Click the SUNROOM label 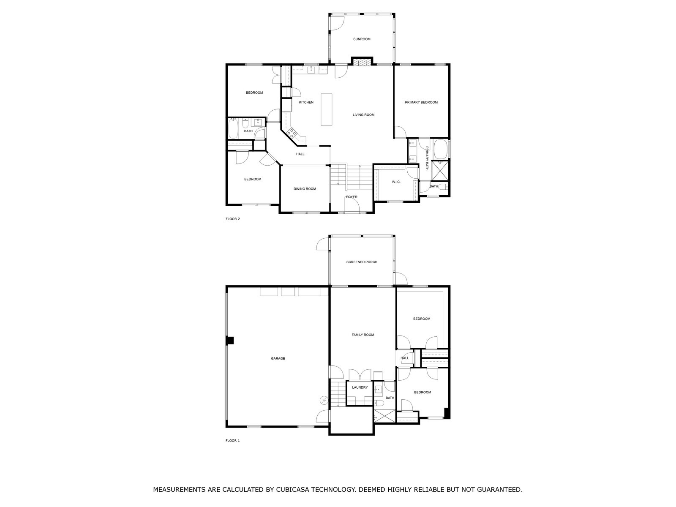click(x=362, y=39)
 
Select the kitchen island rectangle click(x=326, y=109)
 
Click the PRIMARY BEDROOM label click(x=421, y=102)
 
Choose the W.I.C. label click(x=396, y=182)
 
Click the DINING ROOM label click(x=305, y=189)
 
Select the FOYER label click(x=352, y=197)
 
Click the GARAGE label click(x=278, y=359)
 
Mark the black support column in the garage click(x=230, y=341)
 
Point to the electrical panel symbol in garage click(x=324, y=399)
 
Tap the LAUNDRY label click(x=360, y=387)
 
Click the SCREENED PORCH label click(x=362, y=262)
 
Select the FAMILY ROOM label click(x=363, y=335)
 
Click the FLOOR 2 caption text click(x=232, y=219)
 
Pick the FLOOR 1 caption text click(x=232, y=441)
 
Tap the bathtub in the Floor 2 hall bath click(x=233, y=129)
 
